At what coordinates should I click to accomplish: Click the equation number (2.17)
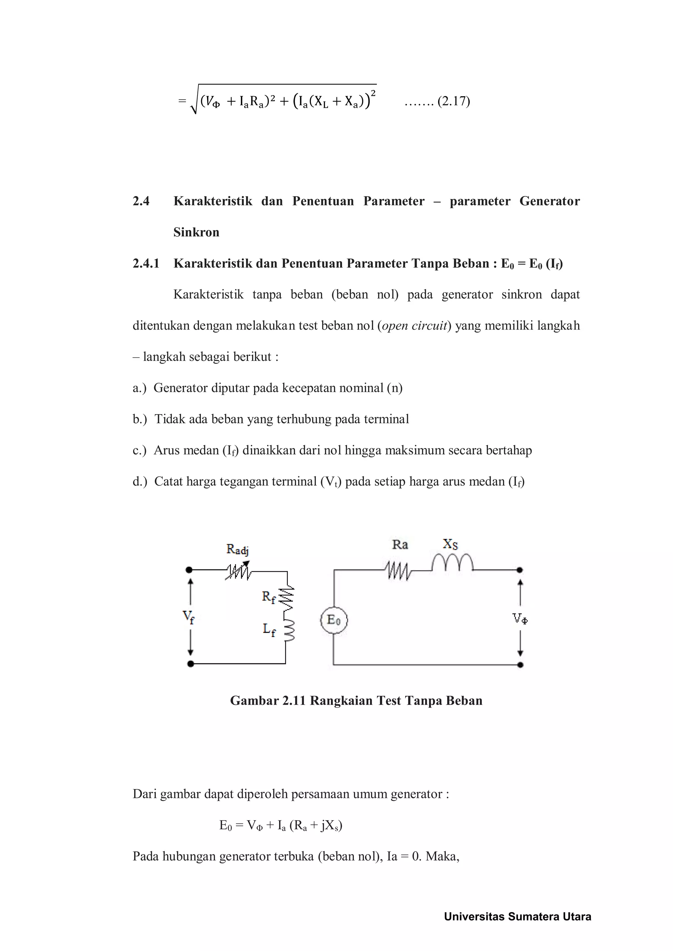tap(453, 101)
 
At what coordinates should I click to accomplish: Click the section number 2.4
tap(141, 201)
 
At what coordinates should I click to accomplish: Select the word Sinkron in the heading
tap(197, 232)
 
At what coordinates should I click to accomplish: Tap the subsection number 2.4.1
tap(146, 263)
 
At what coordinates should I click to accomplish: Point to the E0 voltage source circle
tap(334, 620)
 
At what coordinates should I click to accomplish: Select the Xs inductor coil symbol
tap(452, 563)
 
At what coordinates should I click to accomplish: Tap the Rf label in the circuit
tap(268, 597)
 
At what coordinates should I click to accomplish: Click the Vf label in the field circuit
tap(189, 617)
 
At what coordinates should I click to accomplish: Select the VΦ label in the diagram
tap(520, 619)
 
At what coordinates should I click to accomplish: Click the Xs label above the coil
tap(450, 544)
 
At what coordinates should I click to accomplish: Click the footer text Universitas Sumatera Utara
tap(517, 917)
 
